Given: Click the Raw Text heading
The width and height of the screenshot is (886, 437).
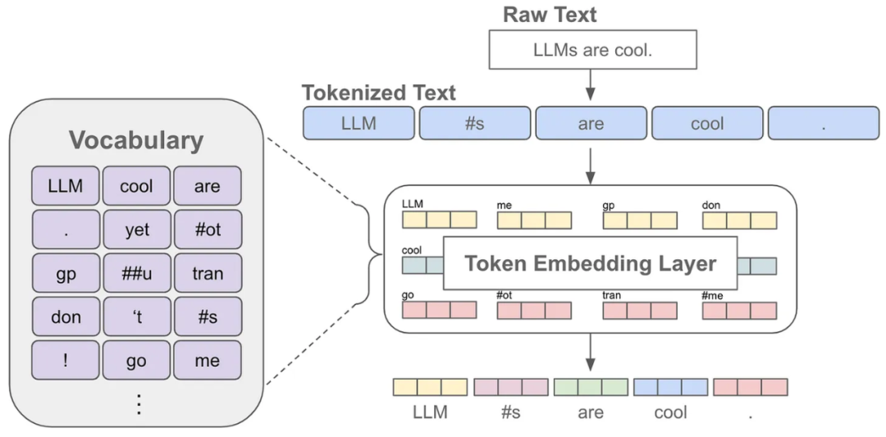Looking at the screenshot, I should (549, 15).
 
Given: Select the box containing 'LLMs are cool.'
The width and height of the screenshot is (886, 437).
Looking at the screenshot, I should (592, 51).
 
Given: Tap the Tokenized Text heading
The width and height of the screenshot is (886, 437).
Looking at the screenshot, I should (378, 93).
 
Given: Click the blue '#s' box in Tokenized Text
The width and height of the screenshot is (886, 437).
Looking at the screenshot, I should (474, 123).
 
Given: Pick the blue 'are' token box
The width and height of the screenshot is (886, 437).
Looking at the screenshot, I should (591, 123).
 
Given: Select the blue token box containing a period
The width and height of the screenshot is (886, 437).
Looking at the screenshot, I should (823, 123).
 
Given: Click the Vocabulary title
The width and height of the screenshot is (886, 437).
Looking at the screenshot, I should (136, 140).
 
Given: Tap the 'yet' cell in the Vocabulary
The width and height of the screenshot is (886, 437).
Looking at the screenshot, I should (137, 230).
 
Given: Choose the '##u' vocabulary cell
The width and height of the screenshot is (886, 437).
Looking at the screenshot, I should (137, 273).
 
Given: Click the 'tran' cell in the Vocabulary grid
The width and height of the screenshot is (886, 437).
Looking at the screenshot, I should (208, 273).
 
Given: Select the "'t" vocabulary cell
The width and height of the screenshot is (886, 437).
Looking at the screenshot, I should (137, 316).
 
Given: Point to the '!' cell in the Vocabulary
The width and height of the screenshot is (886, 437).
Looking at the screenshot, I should (66, 360).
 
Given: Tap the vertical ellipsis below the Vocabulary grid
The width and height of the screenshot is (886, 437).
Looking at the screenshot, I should (138, 403).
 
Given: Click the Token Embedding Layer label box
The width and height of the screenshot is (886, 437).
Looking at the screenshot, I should (590, 264).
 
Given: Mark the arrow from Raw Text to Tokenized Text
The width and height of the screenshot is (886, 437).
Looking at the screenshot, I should (590, 84).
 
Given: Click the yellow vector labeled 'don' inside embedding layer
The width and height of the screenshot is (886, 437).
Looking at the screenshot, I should (738, 220).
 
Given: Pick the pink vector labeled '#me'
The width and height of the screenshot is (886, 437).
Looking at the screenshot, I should (738, 310).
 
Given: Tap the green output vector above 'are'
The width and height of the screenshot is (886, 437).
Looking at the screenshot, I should (591, 387).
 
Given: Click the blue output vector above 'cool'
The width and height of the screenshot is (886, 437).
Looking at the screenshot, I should (670, 387).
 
